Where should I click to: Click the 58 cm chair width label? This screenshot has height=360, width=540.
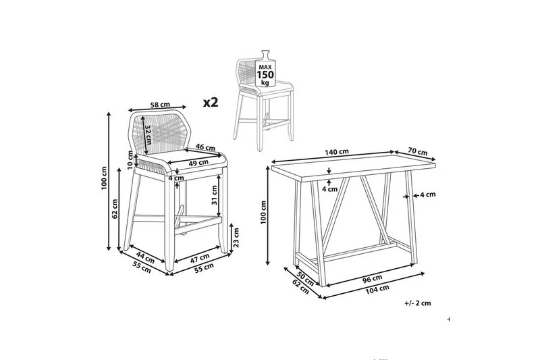point(160,104)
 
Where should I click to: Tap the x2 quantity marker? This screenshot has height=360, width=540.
point(211,102)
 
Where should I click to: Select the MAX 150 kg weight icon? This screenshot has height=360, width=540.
point(265,69)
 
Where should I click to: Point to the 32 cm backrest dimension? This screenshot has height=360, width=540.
point(148,134)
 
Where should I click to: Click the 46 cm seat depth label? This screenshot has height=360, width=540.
point(206,147)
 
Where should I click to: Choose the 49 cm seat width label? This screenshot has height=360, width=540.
point(198,162)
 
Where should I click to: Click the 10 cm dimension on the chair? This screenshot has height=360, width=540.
point(130,160)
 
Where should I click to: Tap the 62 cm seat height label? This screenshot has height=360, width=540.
point(115,209)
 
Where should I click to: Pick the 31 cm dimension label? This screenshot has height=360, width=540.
point(214,195)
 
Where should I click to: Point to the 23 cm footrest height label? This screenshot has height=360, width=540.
point(236,238)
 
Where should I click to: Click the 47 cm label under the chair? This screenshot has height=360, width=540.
point(200,258)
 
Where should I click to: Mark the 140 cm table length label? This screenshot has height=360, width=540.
point(337,151)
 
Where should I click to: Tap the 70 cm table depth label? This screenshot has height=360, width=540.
point(417,151)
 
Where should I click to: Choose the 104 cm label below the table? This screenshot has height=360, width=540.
point(377,289)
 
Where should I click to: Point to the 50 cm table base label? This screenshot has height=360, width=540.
point(305,278)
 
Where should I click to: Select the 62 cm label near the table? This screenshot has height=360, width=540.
point(300,287)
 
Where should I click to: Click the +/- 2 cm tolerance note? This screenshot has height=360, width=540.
point(418,303)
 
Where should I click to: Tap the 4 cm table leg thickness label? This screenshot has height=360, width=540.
point(428,195)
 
